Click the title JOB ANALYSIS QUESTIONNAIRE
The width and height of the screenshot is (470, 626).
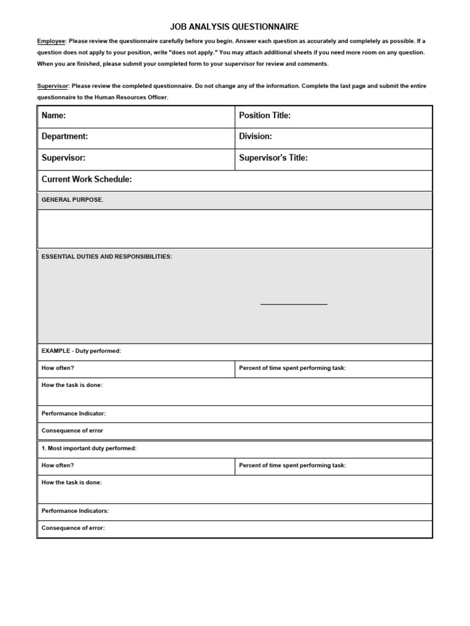[x=234, y=26]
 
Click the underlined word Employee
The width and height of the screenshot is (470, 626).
[x=51, y=41]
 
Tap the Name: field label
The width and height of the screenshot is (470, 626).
[x=54, y=116]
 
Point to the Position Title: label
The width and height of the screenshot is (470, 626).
[x=264, y=116]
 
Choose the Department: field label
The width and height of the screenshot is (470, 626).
[x=64, y=136]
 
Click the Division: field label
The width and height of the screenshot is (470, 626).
[x=255, y=136]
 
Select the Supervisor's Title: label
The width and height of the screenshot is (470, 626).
[x=273, y=158]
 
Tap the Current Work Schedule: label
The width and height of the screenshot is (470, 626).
[x=86, y=179]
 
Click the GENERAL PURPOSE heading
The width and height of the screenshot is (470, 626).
[x=72, y=200]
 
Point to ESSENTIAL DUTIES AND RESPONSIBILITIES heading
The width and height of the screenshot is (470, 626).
[x=106, y=257]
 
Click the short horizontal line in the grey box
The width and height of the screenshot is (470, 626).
[x=294, y=303]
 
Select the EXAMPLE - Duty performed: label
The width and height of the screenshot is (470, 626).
[x=81, y=351]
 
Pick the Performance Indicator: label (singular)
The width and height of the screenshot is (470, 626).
[x=73, y=413]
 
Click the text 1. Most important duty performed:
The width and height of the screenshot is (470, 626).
[x=89, y=448]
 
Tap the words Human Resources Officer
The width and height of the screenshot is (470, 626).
[x=135, y=97]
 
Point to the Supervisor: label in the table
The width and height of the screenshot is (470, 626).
[x=63, y=158]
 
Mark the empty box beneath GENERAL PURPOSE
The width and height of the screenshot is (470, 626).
[x=235, y=229]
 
